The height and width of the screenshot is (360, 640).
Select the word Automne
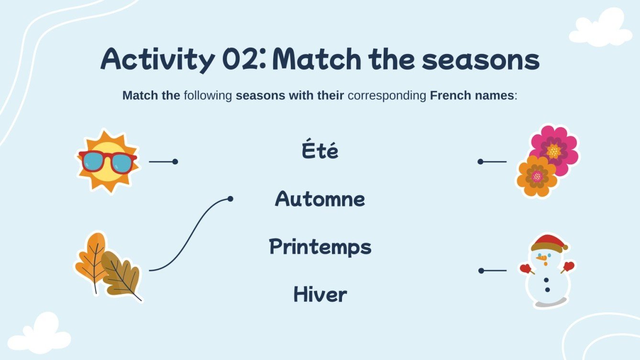pyautogui.click(x=320, y=199)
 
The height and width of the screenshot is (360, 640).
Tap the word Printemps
pyautogui.click(x=320, y=247)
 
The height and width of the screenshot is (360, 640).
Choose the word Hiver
pyautogui.click(x=320, y=295)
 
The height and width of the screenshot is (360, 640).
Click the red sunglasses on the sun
pyautogui.click(x=108, y=161)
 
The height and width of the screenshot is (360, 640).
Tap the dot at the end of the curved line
pyautogui.click(x=230, y=199)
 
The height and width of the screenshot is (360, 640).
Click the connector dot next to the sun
pyautogui.click(x=175, y=162)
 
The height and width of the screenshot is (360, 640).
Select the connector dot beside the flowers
pyautogui.click(x=480, y=162)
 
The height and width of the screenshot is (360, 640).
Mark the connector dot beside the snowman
pyautogui.click(x=481, y=271)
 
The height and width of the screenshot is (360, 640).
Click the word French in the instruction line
pyautogui.click(x=447, y=96)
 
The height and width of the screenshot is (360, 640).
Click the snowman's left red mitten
pyautogui.click(x=526, y=269)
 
